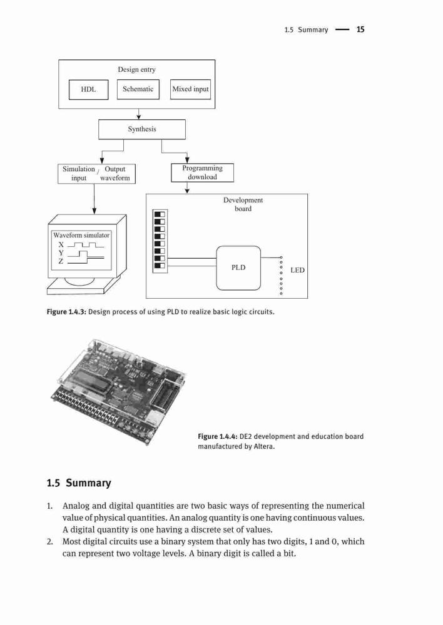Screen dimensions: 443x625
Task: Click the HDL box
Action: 89,89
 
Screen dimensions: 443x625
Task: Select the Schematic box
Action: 138,89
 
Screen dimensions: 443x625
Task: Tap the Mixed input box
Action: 190,89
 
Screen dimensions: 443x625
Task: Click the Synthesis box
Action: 142,129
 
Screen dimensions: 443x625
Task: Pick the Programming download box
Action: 202,172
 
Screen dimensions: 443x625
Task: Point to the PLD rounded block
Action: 238,268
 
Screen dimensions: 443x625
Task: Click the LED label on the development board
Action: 297,270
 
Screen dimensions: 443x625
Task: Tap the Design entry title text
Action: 136,69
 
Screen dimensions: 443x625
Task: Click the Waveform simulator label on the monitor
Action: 81,235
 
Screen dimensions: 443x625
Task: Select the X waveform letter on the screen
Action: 61,244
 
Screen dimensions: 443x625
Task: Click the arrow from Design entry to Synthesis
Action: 138,114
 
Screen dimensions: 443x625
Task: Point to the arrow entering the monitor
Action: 94,199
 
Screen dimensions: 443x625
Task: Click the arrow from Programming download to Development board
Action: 187,188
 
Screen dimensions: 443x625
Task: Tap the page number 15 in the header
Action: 360,29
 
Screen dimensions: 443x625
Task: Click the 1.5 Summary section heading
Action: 79,483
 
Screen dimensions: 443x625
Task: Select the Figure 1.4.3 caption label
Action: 67,312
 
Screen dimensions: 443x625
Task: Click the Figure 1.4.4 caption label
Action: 218,436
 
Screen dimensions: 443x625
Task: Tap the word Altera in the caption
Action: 263,446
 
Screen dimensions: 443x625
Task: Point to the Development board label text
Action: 243,204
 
